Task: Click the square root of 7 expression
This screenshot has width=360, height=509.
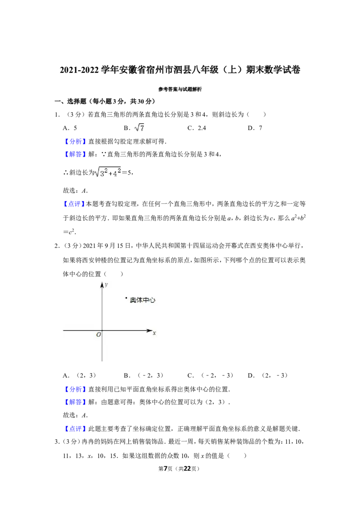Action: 140,128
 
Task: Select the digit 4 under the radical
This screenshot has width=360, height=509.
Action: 115,174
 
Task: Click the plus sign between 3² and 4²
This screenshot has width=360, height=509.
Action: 109,174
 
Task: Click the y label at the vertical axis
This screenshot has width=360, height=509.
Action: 106,285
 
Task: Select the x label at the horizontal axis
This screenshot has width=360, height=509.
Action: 154,333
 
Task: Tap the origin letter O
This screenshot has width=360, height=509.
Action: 99,335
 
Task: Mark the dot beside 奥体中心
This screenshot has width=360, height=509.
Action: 126,298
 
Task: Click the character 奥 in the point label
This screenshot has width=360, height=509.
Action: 133,300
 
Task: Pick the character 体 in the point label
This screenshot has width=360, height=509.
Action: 139,300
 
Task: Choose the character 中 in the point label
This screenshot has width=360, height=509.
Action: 145,300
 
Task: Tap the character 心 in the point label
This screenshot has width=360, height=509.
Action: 152,300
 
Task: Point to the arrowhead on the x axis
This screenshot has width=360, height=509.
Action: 150,330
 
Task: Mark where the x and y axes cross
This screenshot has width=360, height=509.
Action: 102,330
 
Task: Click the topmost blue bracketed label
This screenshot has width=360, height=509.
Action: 75,142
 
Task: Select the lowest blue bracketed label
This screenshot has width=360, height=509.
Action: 75,429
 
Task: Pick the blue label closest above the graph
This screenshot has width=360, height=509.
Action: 74,204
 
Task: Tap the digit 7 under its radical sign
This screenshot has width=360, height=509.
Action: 142,129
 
